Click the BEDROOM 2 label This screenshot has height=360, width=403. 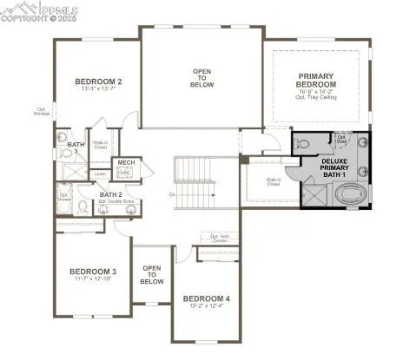point(98,82)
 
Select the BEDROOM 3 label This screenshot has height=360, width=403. point(93,272)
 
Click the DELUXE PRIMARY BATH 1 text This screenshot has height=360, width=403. point(334,168)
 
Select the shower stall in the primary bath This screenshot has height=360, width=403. point(311,195)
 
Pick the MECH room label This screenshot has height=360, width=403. point(127,163)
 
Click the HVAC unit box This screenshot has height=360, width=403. point(127,173)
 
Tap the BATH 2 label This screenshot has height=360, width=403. point(110,194)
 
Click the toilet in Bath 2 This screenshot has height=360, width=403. point(81,206)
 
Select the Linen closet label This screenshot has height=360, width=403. point(102,173)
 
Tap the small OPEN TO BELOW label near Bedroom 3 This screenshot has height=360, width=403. point(152,275)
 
